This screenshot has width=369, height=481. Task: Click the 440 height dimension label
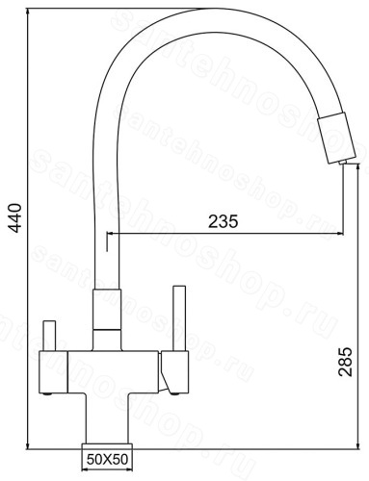tap(15, 217)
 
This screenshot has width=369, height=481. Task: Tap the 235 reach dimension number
tap(224, 221)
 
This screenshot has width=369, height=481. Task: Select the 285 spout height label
tap(345, 362)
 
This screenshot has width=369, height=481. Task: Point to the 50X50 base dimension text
tap(107, 460)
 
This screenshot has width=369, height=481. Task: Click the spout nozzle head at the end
tap(337, 138)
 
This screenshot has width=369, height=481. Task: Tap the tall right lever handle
tap(179, 318)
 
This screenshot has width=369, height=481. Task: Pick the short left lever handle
tap(49, 336)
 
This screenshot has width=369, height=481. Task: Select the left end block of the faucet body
tap(53, 372)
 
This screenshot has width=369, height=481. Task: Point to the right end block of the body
tap(174, 371)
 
